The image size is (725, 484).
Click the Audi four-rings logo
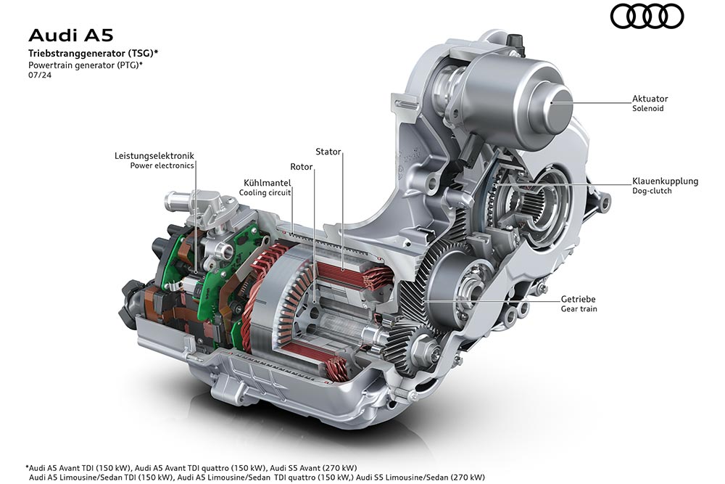(647, 17)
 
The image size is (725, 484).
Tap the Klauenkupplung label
(665, 181)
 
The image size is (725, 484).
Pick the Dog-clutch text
(652, 192)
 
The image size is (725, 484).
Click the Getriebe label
(578, 298)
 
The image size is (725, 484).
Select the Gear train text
(579, 308)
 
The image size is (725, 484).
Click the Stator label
(328, 152)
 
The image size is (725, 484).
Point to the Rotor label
(301, 167)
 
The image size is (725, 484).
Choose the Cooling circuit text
(265, 193)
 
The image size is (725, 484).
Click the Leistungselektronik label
(154, 155)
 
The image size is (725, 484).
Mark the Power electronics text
(162, 165)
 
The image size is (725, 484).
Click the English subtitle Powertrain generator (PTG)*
(85, 65)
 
